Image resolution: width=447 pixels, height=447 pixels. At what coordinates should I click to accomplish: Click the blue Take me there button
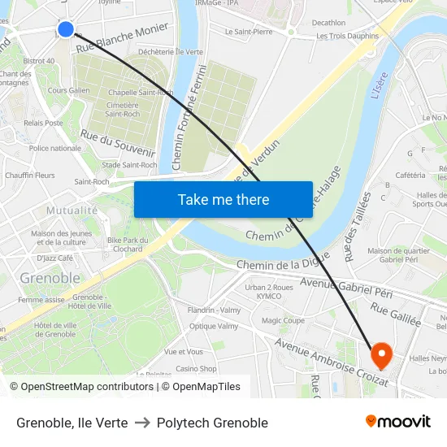point(223,200)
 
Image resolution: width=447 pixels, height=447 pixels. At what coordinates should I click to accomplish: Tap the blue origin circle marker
point(66,30)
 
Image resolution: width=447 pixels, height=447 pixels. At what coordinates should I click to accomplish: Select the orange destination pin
point(381,354)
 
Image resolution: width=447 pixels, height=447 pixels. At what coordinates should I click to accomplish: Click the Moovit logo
point(398,422)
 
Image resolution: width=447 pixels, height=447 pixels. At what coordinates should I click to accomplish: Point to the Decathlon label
point(328,23)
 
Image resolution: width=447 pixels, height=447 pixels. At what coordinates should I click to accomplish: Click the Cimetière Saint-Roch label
point(122,109)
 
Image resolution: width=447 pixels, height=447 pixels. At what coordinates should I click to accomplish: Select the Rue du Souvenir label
point(118,144)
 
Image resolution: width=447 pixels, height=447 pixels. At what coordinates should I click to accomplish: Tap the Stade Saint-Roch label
point(129,165)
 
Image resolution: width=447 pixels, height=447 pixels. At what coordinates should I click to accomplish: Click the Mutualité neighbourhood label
point(72,210)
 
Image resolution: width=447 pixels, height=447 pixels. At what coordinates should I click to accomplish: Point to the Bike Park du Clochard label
point(124,245)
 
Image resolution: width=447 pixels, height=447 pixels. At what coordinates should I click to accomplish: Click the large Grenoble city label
point(50,278)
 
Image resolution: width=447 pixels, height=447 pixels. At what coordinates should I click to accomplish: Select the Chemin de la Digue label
point(283,263)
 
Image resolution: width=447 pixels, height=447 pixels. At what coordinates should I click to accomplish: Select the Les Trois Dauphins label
point(347,36)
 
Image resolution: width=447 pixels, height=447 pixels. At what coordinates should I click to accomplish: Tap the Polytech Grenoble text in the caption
point(212,423)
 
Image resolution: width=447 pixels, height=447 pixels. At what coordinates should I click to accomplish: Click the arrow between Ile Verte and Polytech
point(142,423)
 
